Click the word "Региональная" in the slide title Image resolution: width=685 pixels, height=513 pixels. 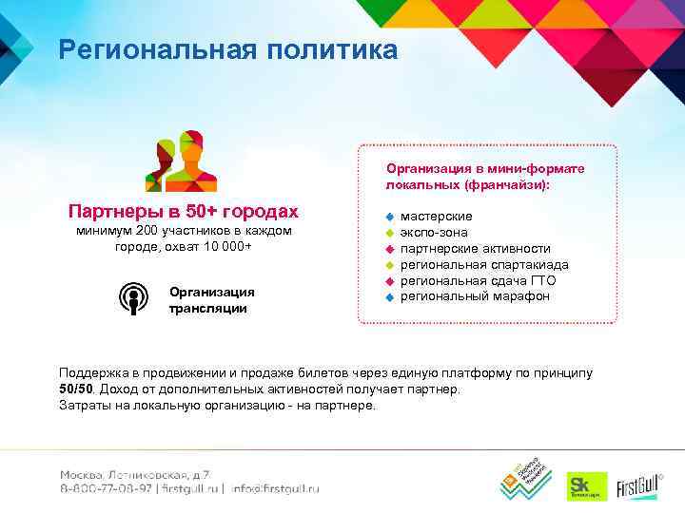click(x=153, y=49)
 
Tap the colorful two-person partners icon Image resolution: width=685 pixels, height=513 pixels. click(x=180, y=161)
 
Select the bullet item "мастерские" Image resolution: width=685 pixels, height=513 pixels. click(x=436, y=217)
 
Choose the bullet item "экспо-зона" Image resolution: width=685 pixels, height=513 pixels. click(x=434, y=233)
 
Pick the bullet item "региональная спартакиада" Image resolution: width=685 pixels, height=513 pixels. click(x=484, y=265)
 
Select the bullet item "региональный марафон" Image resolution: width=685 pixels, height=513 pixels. click(x=474, y=297)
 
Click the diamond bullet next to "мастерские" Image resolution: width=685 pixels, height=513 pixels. click(x=388, y=218)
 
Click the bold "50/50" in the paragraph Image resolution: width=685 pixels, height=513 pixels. click(x=76, y=389)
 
